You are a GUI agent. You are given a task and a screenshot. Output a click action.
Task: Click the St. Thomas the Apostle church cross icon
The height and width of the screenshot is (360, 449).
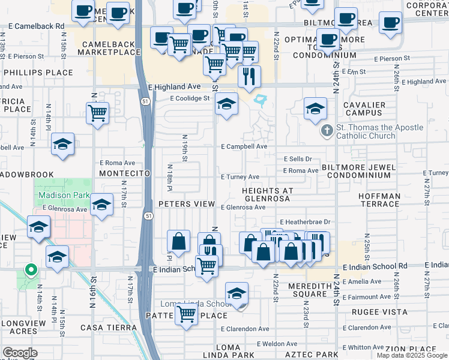click(x=327, y=130)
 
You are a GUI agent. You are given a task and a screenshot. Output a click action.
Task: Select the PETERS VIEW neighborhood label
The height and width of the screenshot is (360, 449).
click(x=187, y=204)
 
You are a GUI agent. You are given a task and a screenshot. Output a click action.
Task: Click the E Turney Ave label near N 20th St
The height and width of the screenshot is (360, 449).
click(x=240, y=177)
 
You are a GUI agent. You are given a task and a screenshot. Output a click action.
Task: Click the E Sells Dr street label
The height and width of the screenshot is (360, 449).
click(x=298, y=159)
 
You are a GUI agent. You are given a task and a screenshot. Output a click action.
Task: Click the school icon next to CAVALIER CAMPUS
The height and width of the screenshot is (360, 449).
click(x=315, y=109)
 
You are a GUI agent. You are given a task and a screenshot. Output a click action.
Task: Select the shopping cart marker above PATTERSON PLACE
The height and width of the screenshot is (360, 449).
click(x=187, y=313)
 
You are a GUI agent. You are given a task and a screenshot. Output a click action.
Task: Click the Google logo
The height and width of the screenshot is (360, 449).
click(x=20, y=353)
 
